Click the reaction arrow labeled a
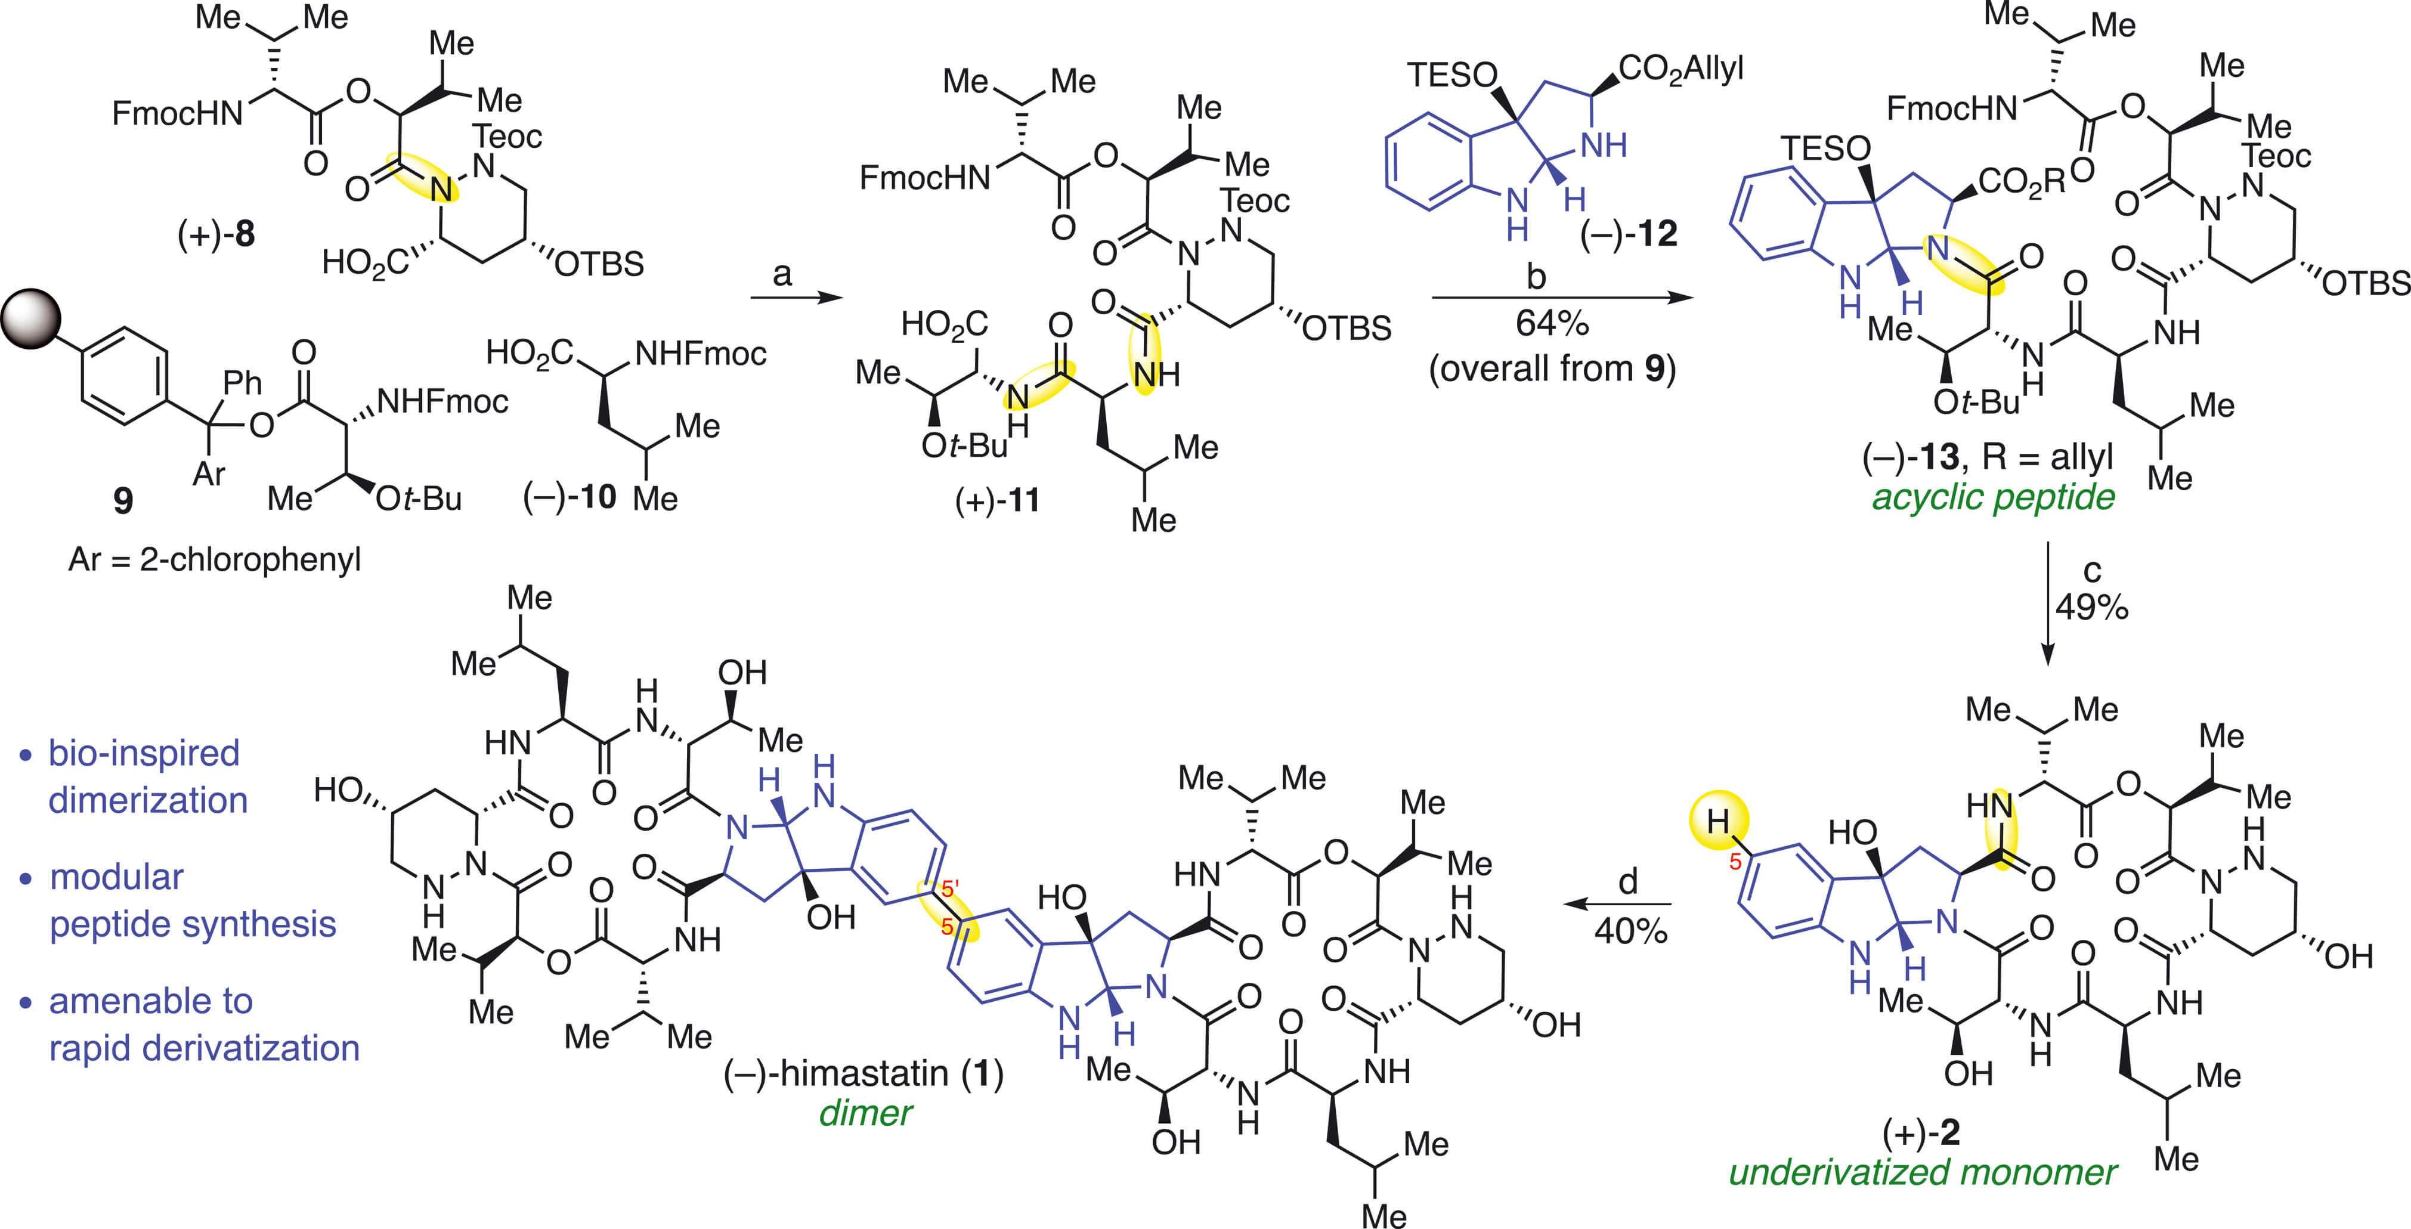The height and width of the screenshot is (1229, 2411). [x=796, y=298]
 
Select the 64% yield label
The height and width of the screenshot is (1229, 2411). [x=1552, y=324]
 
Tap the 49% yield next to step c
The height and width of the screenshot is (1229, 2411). [x=2091, y=608]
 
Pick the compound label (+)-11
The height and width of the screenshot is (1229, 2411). [x=997, y=501]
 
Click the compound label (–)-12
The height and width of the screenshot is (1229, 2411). [x=1629, y=234]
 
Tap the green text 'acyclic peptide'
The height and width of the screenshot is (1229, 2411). [x=1992, y=497]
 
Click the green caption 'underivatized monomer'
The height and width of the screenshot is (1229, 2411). [x=1923, y=1172]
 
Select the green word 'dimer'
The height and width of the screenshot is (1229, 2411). [x=865, y=1113]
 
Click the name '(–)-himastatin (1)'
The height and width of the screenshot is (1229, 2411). [x=863, y=1073]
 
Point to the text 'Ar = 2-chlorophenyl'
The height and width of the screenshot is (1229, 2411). [x=214, y=560]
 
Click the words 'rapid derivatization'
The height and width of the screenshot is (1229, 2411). [x=204, y=1048]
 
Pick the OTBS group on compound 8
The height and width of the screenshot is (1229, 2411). [x=599, y=265]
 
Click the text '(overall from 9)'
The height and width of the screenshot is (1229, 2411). [x=1552, y=369]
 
